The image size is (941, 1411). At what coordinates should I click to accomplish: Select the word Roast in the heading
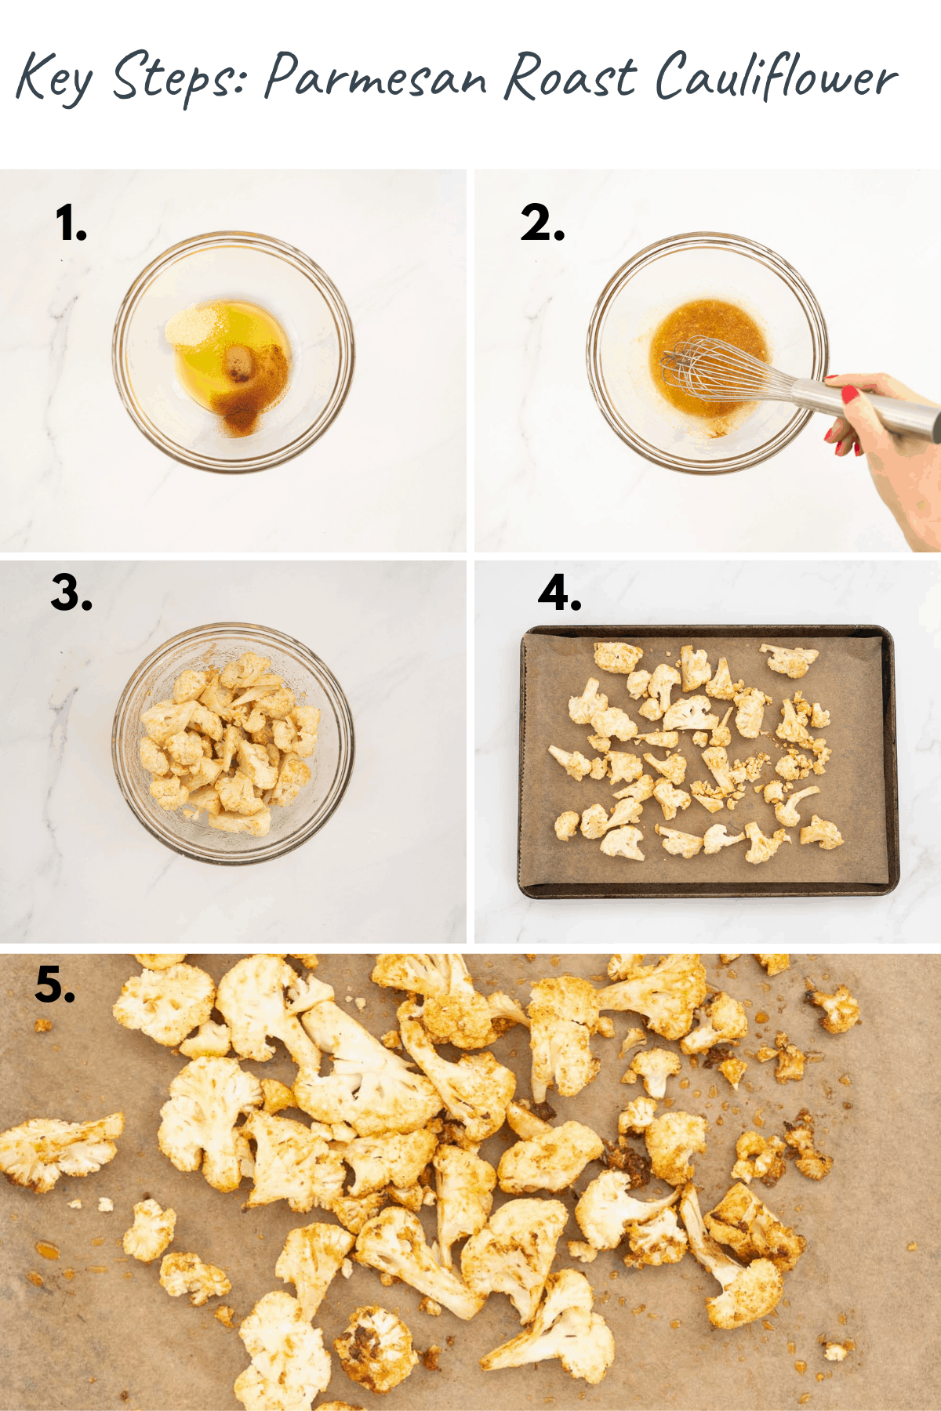tap(569, 78)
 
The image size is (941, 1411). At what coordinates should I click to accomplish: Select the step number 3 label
tap(71, 593)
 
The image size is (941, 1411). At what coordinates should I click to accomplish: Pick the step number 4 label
tap(559, 593)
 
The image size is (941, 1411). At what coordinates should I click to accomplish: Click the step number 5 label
tap(55, 985)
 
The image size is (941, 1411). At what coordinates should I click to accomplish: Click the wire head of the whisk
tap(706, 368)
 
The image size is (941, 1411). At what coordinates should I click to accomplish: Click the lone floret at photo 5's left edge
tap(55, 1148)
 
